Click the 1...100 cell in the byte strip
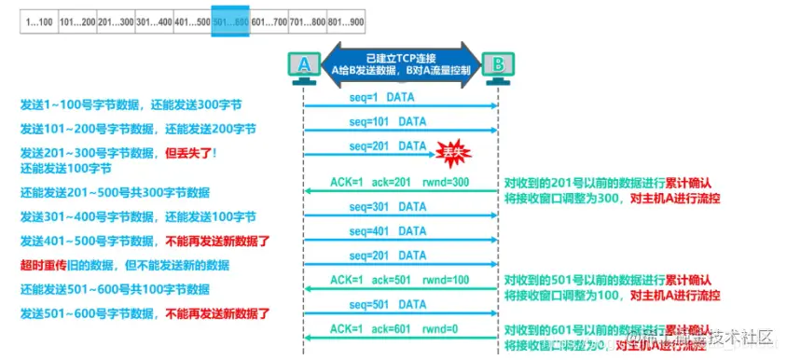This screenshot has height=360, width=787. pyautogui.click(x=41, y=21)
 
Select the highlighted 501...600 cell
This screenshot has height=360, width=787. pyautogui.click(x=229, y=21)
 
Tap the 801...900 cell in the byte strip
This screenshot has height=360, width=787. pyautogui.click(x=344, y=21)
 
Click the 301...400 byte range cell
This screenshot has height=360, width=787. pyautogui.click(x=154, y=21)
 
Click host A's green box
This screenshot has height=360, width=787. pyautogui.click(x=303, y=63)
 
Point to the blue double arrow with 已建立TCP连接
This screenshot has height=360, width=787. pyautogui.click(x=401, y=62)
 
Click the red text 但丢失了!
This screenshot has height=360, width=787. pyautogui.click(x=190, y=152)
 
